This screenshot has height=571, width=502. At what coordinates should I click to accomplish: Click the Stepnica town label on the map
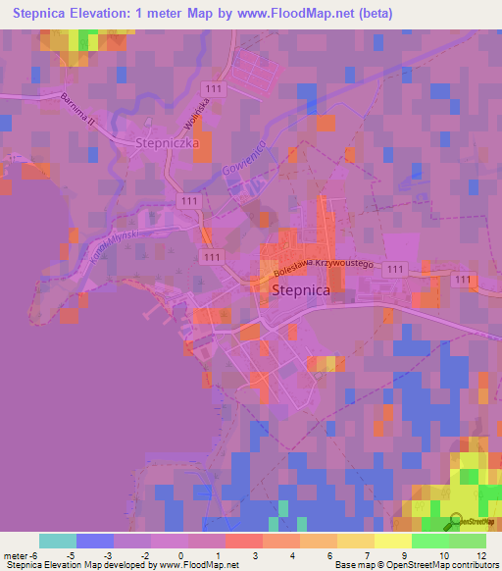tap(300, 290)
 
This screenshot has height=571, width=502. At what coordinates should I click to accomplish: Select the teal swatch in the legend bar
tap(57, 541)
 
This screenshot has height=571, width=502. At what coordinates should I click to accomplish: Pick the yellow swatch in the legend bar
tap(392, 541)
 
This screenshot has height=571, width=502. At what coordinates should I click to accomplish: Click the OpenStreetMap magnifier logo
tap(455, 521)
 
